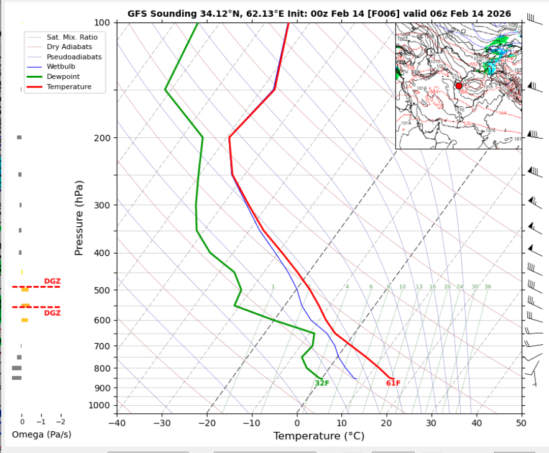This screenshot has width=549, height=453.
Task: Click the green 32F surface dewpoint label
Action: tap(321, 383)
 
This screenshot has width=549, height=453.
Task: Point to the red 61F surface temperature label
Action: tap(393, 383)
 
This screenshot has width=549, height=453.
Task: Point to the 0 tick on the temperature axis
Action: tap(297, 423)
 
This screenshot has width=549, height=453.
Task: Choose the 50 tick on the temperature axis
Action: tap(520, 423)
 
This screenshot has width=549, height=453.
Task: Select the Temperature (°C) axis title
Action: tap(318, 436)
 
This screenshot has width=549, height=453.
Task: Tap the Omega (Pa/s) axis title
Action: tap(41, 434)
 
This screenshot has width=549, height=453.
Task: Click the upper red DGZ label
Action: tap(52, 281)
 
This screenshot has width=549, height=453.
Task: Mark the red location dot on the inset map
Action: tap(459, 86)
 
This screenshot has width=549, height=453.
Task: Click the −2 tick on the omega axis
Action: tap(60, 421)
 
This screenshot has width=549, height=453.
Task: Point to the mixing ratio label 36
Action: tap(487, 286)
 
